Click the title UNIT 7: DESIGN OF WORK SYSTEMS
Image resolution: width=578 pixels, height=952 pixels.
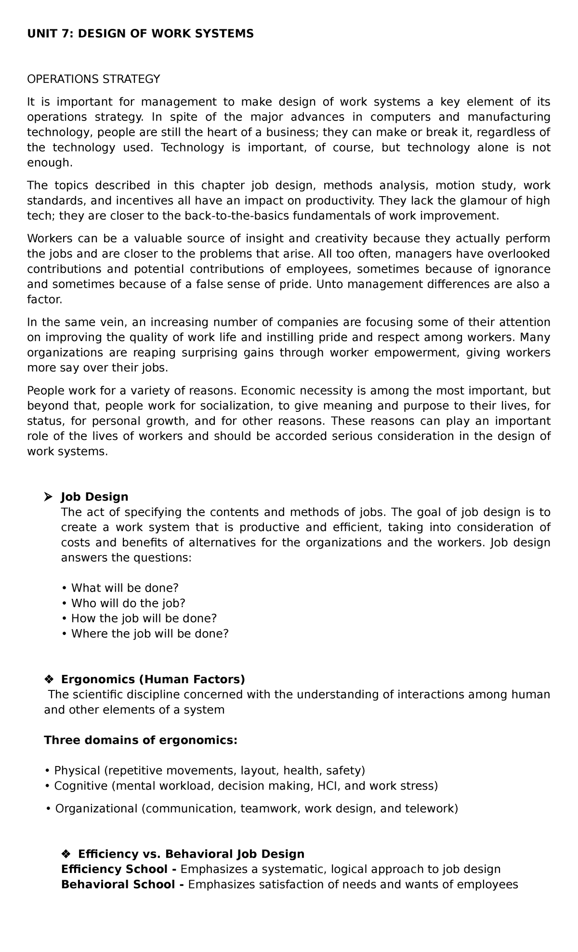coord(140,34)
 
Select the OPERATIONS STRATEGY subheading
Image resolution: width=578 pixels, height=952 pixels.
coord(93,79)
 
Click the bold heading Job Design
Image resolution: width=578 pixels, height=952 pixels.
coord(94,496)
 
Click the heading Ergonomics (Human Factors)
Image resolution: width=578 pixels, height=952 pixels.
coord(153,679)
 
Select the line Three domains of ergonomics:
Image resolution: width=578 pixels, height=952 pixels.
coord(141,740)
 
